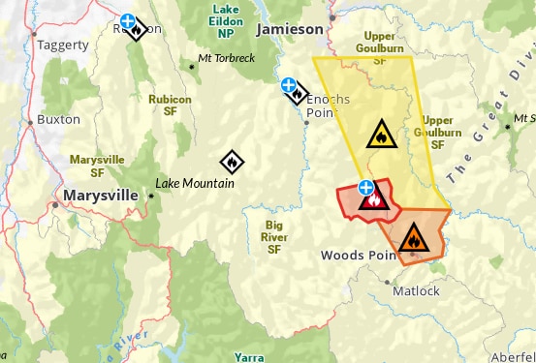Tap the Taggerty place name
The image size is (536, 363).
62,45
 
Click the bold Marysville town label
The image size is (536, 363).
102,195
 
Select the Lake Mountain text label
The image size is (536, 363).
195,183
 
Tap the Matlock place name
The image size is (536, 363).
416,290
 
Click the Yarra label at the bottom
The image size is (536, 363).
248,357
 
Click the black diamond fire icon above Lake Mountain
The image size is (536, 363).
232,162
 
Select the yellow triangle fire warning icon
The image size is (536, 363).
381,134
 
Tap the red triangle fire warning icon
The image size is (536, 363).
373,199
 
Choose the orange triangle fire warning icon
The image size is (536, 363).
413,236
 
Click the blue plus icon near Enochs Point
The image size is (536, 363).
289,86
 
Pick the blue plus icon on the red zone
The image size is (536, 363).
365,187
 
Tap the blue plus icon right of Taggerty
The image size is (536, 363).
128,20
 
